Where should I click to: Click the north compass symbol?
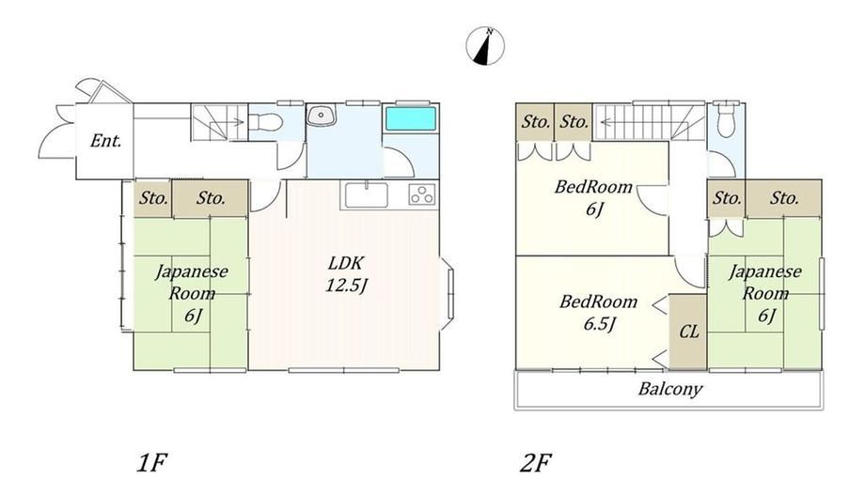(x=485, y=46)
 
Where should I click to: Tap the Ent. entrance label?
(x=105, y=141)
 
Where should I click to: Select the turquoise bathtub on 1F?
(x=411, y=119)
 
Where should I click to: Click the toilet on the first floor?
(x=266, y=121)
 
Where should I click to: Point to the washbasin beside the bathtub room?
(x=320, y=116)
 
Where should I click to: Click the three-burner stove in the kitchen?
(x=422, y=194)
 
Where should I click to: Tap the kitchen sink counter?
(x=367, y=195)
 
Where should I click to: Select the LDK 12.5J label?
(x=346, y=273)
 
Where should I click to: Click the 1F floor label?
(x=151, y=463)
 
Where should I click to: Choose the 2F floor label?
(x=536, y=463)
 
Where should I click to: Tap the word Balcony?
(x=669, y=389)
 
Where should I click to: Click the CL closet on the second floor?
(x=688, y=332)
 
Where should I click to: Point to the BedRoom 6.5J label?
(x=599, y=312)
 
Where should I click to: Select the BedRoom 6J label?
(x=593, y=197)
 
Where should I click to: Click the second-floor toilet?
(x=726, y=119)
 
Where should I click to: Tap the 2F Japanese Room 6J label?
(x=765, y=293)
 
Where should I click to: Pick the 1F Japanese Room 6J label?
(x=192, y=293)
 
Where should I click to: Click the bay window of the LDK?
(x=448, y=294)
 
